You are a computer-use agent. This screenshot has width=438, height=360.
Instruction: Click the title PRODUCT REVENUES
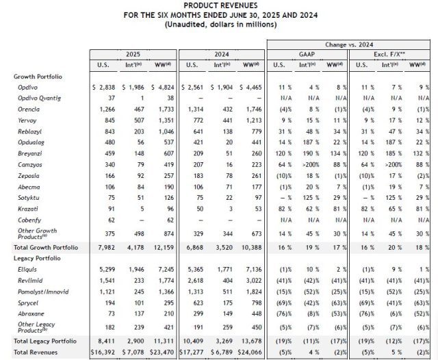point(220,5)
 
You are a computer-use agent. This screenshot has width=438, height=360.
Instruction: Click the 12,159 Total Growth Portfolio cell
point(163,246)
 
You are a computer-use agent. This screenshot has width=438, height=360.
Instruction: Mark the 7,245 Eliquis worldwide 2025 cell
point(165,271)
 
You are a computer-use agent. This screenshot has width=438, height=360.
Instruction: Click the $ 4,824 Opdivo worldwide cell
point(162,88)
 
